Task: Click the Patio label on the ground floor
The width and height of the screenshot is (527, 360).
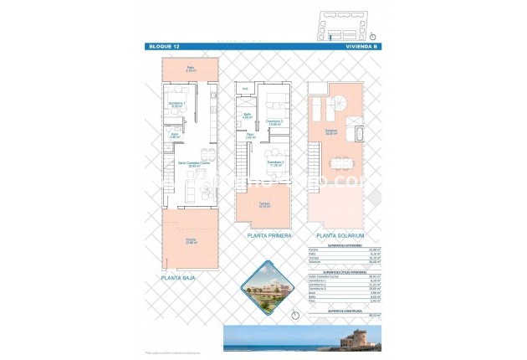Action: pos(190,69)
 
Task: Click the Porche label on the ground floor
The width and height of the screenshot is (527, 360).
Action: pos(192,242)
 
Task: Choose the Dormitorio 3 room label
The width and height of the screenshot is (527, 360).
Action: pos(274,123)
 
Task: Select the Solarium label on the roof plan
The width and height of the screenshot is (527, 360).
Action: pos(332,132)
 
